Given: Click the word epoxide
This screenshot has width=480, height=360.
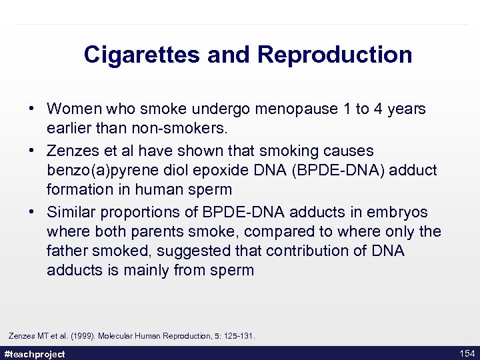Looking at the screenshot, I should pos(223,170).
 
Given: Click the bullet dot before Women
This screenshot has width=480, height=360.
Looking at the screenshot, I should pos(32,109).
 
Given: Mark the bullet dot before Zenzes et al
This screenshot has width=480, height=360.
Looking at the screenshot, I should pos(32,151).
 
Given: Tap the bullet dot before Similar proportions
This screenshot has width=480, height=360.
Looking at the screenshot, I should pos(32,212).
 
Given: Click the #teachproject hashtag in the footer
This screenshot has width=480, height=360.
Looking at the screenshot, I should pos(35,354).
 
